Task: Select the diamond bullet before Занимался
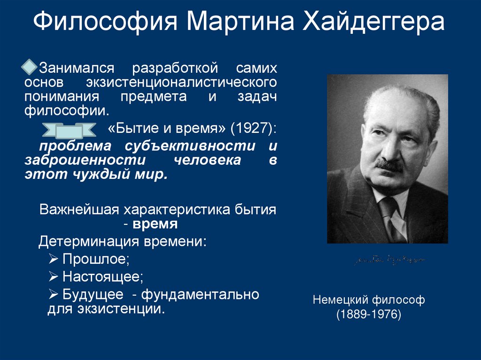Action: coord(30,67)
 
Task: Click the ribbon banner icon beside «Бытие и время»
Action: coord(69,130)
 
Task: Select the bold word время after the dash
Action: coord(155,224)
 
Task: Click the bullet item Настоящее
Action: coord(103,276)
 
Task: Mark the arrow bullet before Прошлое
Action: coord(54,259)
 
